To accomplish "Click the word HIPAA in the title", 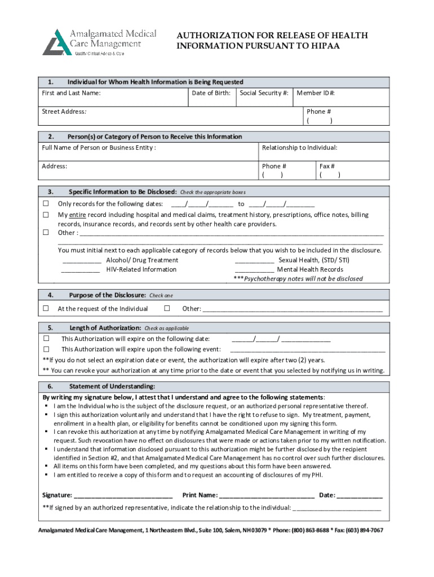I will coord(322,46).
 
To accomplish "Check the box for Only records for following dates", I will coord(46,204).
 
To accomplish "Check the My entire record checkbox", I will coord(46,215).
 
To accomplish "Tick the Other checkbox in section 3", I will coord(46,232).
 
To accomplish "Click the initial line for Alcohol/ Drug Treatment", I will coord(82,261).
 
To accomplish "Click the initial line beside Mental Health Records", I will coord(254,270).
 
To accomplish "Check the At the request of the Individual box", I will coord(46,309).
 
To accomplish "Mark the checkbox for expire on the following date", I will coord(47,339).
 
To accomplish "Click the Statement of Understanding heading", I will coord(112,387).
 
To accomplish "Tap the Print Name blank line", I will coord(267,495).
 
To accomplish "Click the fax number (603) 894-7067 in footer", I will coord(364,531).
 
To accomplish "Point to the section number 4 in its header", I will coord(51,295).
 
